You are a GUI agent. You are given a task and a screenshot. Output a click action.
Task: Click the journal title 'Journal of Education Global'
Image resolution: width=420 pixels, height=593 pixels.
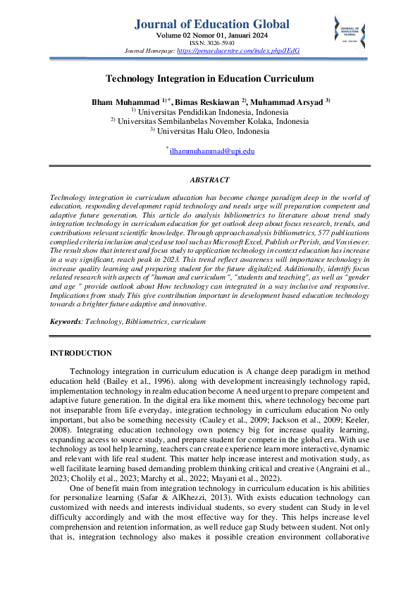211,24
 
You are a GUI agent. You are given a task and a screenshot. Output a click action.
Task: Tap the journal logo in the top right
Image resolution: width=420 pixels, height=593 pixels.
350,32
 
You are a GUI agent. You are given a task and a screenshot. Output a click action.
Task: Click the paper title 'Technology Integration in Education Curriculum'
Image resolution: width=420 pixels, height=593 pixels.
209,80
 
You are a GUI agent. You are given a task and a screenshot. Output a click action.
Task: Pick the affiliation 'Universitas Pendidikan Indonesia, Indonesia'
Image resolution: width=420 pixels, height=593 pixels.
213,112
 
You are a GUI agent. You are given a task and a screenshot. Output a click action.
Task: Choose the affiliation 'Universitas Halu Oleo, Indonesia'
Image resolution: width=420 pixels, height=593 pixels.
213,130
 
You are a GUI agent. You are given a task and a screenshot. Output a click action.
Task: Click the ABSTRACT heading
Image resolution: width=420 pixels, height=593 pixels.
209,180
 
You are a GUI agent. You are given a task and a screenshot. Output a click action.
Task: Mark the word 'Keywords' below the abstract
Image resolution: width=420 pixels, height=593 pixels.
66,321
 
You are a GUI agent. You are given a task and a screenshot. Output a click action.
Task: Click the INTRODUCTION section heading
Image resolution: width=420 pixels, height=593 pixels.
81,352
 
